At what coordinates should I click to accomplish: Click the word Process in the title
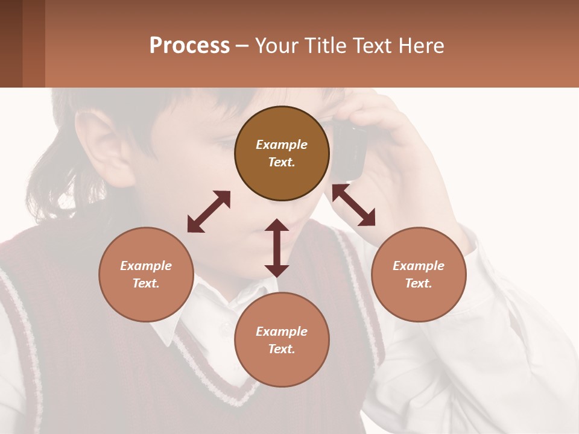[189, 46]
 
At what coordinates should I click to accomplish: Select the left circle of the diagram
[146, 274]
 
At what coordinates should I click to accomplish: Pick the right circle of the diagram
[419, 274]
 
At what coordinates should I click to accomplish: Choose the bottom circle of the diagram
[282, 339]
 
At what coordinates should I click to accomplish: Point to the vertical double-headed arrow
[277, 248]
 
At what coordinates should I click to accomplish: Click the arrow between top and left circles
[209, 212]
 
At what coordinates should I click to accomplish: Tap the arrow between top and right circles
[353, 205]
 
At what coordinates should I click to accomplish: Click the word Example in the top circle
[282, 145]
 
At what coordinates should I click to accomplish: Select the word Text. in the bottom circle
[282, 349]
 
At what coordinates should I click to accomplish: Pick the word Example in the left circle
[146, 266]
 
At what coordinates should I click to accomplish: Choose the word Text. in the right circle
[419, 283]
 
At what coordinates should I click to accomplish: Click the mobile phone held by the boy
[350, 151]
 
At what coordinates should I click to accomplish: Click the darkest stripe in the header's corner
[11, 43]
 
